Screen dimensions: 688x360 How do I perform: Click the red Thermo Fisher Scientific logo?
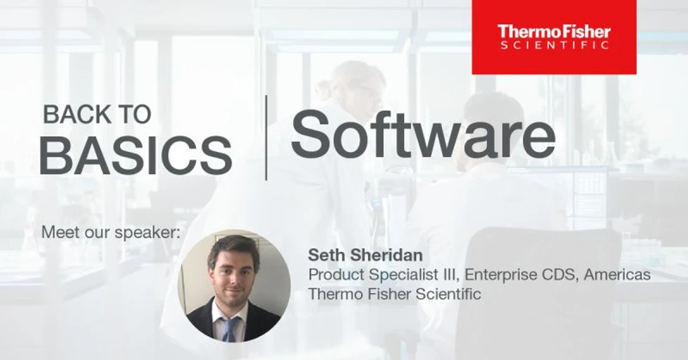click(554, 37)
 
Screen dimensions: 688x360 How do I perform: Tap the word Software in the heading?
click(423, 134)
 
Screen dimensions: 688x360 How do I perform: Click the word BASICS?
click(136, 155)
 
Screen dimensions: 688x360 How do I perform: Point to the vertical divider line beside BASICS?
click(266, 137)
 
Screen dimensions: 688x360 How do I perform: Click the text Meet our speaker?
click(110, 232)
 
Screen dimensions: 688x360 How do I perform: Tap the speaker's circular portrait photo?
click(234, 285)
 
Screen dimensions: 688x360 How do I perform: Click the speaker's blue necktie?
click(229, 329)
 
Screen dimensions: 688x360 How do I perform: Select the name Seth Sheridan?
click(365, 255)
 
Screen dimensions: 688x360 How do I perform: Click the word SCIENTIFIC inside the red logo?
click(554, 45)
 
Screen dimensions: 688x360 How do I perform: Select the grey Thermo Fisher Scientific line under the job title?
click(394, 294)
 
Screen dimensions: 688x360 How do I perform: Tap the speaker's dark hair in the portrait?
click(233, 249)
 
